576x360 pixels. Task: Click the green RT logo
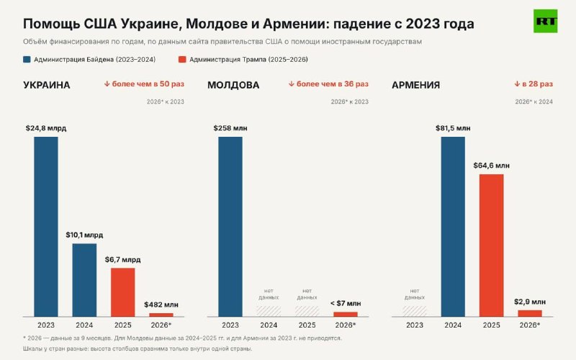(x=546, y=21)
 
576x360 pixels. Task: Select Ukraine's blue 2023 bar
(x=46, y=227)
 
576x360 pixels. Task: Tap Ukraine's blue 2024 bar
(x=84, y=280)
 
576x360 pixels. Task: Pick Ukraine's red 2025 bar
(x=122, y=292)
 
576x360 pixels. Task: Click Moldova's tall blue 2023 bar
(x=230, y=227)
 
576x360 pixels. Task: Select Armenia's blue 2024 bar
(x=453, y=227)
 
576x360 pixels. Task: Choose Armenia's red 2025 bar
(x=492, y=246)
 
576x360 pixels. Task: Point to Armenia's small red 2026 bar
(x=530, y=313)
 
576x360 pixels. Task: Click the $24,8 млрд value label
(x=46, y=128)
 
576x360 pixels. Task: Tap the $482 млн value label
(x=161, y=305)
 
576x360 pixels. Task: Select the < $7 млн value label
(x=346, y=303)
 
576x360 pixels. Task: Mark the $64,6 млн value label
(x=492, y=166)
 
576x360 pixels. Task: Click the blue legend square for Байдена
(x=27, y=60)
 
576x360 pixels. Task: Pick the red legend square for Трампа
(x=182, y=60)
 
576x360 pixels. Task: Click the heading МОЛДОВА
(x=233, y=85)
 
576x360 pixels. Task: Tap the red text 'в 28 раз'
(x=537, y=84)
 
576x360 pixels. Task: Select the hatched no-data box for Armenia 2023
(x=415, y=311)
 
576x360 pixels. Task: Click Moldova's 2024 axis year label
(x=269, y=325)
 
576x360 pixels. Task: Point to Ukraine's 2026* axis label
(x=161, y=325)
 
